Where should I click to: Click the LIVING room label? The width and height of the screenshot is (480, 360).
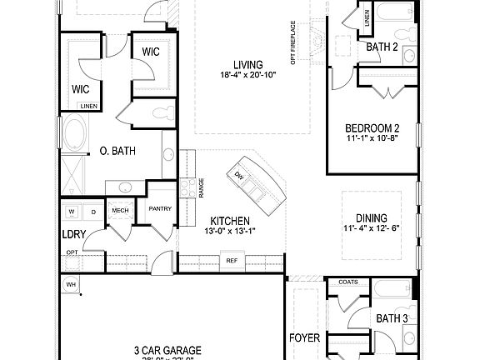(x=247, y=64)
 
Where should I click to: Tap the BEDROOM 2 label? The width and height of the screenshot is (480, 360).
(x=372, y=127)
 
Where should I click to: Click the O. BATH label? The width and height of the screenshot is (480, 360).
(x=117, y=151)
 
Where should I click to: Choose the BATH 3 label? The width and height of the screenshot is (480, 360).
(x=391, y=317)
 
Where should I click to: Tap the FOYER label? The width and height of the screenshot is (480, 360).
(x=304, y=338)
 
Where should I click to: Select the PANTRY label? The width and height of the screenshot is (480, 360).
(x=159, y=209)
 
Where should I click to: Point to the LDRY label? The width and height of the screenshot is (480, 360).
(x=73, y=234)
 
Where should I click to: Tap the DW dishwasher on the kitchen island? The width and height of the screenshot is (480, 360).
(x=238, y=175)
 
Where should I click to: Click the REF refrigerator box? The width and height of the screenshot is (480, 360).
(x=231, y=261)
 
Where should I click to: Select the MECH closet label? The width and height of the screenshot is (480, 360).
(x=119, y=211)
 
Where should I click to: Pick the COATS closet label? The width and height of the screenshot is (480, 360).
(x=348, y=282)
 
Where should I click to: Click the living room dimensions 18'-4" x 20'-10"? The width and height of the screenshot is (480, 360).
(x=247, y=76)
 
